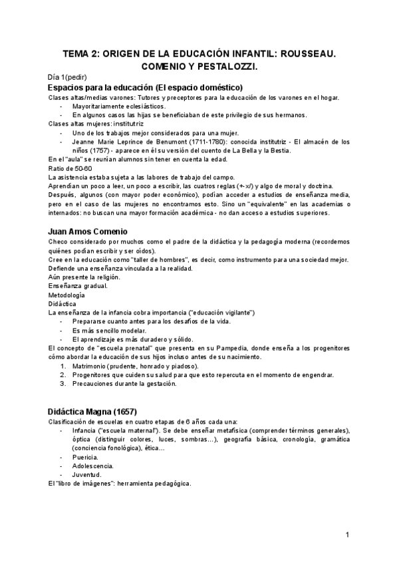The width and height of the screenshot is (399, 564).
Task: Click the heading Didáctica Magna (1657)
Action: tap(95, 410)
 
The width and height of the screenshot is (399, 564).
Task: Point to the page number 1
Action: tap(347, 535)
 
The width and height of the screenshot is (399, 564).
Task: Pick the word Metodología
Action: tap(66, 294)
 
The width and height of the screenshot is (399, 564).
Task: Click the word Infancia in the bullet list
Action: tap(87, 430)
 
